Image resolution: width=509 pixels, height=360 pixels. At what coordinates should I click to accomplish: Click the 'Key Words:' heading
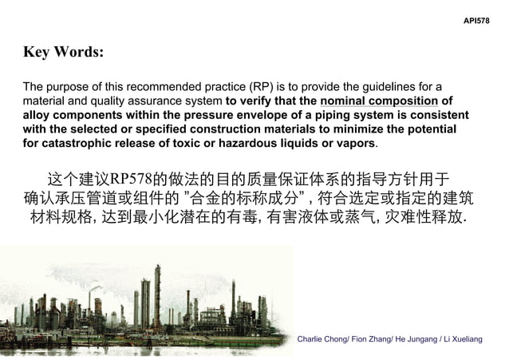point(63,53)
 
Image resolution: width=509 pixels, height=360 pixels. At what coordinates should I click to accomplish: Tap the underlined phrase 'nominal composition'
point(379,101)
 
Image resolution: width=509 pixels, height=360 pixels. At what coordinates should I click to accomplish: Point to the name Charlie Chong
point(322,339)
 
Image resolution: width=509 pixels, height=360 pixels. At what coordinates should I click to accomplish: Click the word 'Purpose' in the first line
point(66,86)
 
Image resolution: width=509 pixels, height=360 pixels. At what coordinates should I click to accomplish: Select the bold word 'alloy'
point(38,115)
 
